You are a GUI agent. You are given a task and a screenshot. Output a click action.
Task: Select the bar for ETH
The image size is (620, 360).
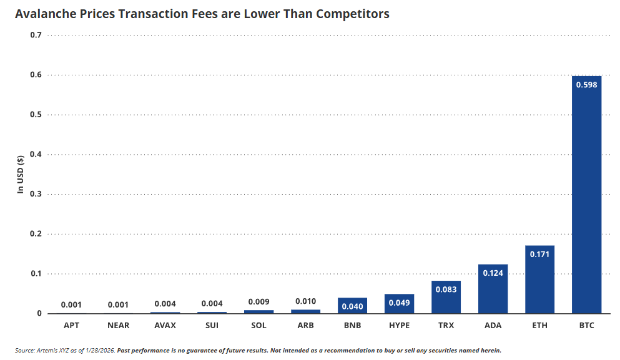pos(539,281)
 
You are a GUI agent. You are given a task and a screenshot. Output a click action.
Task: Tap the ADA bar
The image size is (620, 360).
pos(493,290)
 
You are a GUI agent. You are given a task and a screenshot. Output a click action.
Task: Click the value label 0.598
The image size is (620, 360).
pos(586,85)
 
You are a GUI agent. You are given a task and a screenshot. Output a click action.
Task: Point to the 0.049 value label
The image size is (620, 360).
pos(399,303)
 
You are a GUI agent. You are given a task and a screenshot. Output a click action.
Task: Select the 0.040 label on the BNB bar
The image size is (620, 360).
pos(352,306)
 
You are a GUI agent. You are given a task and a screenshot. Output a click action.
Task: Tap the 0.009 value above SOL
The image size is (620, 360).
pos(258,302)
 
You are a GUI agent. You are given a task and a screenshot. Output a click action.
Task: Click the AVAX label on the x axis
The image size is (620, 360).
pos(165,326)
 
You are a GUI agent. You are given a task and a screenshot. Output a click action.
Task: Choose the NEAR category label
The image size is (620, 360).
pos(118,326)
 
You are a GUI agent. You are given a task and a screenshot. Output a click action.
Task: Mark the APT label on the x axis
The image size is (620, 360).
pos(71,326)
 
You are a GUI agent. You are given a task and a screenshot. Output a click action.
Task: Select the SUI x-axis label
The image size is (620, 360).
pos(212,326)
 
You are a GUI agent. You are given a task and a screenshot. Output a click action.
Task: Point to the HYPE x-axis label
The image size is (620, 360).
pos(399,326)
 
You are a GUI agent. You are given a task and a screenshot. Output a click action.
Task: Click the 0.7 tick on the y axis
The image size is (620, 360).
pos(36,35)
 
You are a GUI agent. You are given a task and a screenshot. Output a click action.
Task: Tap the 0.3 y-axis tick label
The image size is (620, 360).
pos(36,194)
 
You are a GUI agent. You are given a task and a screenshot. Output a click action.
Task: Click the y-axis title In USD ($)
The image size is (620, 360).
pos(21,174)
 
